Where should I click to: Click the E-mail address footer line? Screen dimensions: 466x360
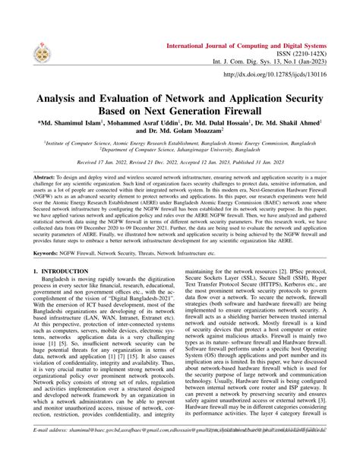pyautogui.click(x=180, y=451)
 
